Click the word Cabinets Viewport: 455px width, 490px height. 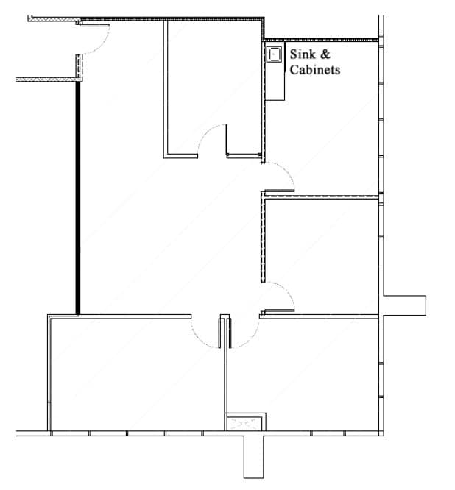click(315, 70)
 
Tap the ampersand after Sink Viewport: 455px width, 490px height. click(326, 54)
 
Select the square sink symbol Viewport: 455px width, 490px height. click(275, 53)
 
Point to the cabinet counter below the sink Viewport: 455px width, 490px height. click(275, 81)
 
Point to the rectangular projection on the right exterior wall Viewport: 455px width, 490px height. click(403, 305)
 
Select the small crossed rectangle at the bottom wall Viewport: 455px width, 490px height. click(245, 423)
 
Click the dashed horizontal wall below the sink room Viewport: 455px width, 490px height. click(320, 196)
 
